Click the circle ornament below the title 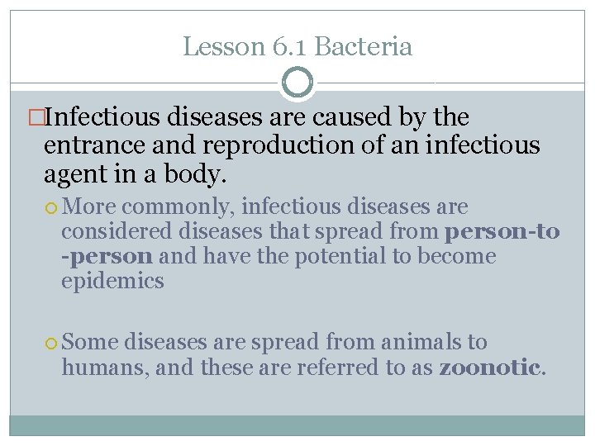point(297,83)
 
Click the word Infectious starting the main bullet point(103,118)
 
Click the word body point(201,175)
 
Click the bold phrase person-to point(502,231)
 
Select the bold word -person point(107,256)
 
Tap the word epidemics point(112,281)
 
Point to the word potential point(340,256)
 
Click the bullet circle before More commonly point(53,207)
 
